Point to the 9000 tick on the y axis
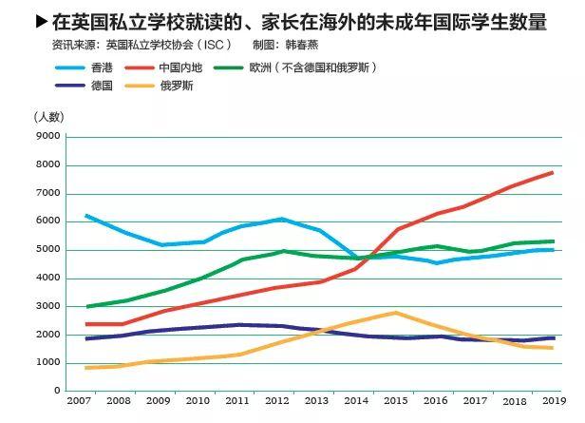coord(48,137)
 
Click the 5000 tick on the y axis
coord(48,250)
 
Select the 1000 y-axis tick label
coord(48,363)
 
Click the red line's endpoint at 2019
coord(553,172)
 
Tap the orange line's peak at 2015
coord(395,313)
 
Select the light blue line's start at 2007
coord(85,215)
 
